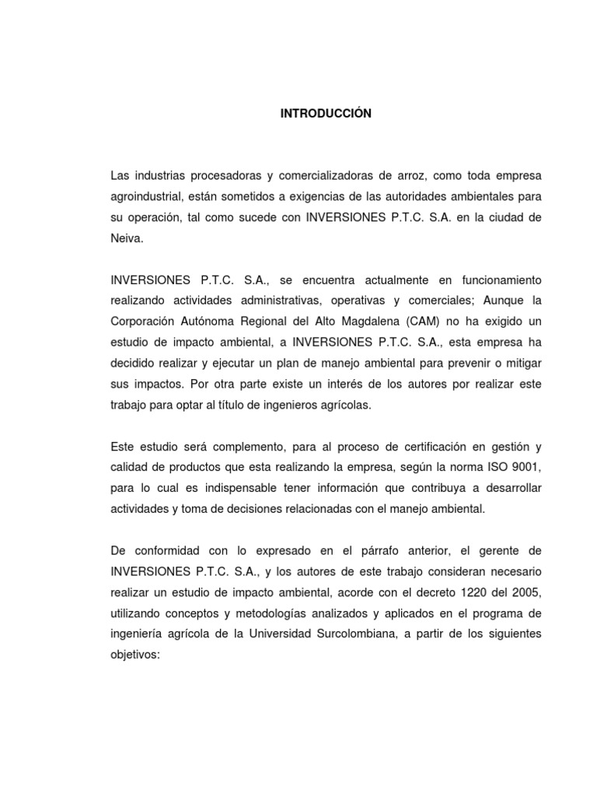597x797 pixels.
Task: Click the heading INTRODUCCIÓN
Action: coord(326,114)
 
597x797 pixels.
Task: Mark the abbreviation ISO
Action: coord(488,468)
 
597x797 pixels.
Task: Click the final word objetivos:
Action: coord(135,655)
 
